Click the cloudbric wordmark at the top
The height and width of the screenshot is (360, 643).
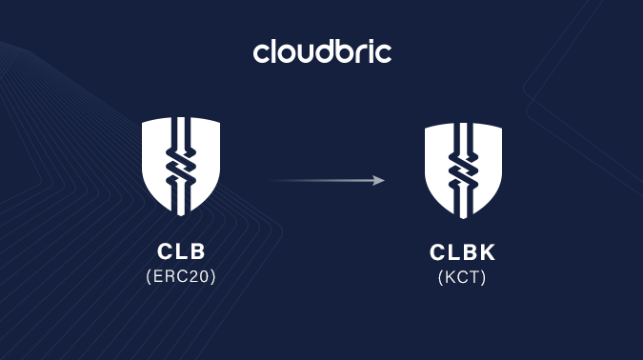point(322,50)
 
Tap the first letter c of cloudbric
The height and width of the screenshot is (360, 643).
point(261,53)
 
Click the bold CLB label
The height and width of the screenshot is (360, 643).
point(181,253)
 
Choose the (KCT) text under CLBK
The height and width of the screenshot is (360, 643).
point(463,278)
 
